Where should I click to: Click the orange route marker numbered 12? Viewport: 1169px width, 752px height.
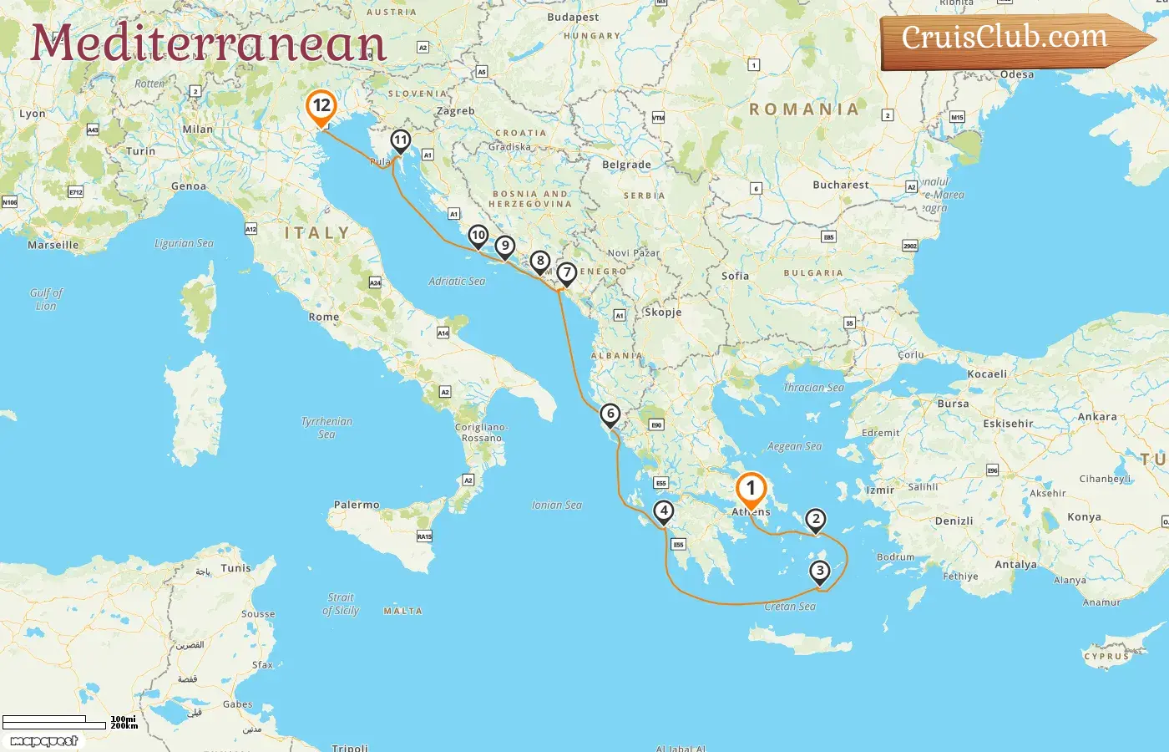[x=321, y=106]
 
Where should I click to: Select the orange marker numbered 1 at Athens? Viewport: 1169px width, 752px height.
[x=750, y=489]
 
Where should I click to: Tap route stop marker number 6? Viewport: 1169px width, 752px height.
[x=610, y=414]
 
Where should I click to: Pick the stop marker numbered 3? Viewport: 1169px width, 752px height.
[x=820, y=572]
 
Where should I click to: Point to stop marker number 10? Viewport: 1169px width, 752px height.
[x=478, y=236]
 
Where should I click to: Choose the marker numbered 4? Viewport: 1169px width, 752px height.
[x=664, y=511]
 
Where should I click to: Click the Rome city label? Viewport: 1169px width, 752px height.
[x=324, y=318]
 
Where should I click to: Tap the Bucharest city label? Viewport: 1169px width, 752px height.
[x=840, y=185]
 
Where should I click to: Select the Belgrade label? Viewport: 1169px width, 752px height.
[x=626, y=165]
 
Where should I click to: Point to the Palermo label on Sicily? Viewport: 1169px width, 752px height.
[x=357, y=505]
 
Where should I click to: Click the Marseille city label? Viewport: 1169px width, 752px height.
[x=53, y=245]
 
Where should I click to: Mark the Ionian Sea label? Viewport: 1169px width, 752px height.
[x=557, y=505]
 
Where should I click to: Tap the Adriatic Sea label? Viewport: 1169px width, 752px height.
[x=457, y=282]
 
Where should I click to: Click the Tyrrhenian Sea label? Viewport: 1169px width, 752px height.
[x=326, y=427]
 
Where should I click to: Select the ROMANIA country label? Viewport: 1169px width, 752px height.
[x=804, y=109]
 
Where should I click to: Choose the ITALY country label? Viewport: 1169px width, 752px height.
[x=317, y=233]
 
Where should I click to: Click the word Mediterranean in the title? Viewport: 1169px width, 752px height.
[x=209, y=43]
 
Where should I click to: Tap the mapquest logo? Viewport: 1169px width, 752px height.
[x=44, y=741]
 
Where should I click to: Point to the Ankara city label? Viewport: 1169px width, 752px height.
[x=1097, y=417]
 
